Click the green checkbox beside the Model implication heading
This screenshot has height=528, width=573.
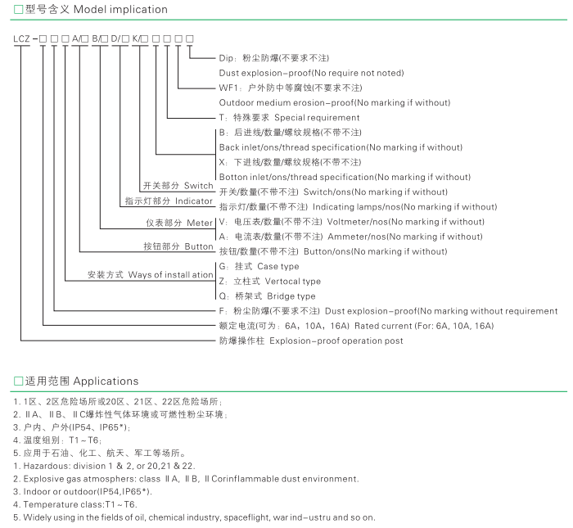click(x=18, y=10)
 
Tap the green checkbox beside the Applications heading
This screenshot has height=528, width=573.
click(x=18, y=381)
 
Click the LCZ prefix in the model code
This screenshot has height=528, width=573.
click(x=21, y=38)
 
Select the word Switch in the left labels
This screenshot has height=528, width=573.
click(x=198, y=186)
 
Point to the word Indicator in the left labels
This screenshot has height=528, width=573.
click(x=194, y=201)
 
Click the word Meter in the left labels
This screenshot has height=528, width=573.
click(x=200, y=223)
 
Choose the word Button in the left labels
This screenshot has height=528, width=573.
click(x=199, y=246)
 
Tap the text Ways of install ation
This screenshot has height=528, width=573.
click(x=170, y=275)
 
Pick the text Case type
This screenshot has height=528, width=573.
click(x=278, y=266)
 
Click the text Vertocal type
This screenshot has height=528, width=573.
click(x=293, y=282)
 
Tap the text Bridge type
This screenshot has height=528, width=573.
click(x=291, y=296)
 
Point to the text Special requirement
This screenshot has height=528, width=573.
click(x=317, y=118)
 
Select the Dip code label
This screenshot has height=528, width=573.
click(x=225, y=58)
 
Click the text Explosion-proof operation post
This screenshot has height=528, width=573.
click(x=336, y=341)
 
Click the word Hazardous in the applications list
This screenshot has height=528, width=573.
click(x=47, y=466)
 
